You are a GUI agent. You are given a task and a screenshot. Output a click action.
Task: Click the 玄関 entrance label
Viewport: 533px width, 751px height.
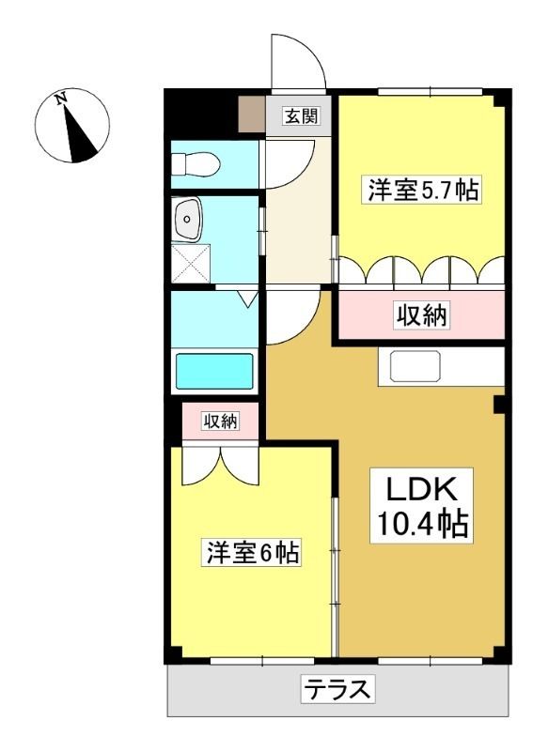(302, 115)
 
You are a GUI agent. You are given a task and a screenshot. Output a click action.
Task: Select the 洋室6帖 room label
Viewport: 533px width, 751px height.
(253, 553)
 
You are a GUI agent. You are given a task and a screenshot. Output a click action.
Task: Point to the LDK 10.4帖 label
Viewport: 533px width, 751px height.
(422, 506)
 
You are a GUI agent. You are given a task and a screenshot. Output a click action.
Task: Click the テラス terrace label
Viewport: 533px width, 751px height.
(337, 689)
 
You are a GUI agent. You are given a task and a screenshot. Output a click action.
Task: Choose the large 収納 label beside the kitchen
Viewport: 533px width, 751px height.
(422, 315)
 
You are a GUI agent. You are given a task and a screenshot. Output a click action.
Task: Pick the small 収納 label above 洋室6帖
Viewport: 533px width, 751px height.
(220, 421)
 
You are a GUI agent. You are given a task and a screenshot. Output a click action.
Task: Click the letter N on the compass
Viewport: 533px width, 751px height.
(60, 100)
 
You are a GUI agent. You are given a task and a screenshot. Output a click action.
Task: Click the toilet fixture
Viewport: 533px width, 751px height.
(196, 163)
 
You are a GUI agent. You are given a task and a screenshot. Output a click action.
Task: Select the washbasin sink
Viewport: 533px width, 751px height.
(188, 220)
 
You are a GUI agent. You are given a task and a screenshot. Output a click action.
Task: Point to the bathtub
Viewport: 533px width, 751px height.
(214, 371)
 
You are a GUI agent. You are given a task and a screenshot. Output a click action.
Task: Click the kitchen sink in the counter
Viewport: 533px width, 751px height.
(415, 366)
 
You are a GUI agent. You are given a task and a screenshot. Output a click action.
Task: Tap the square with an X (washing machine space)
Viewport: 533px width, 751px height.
(191, 263)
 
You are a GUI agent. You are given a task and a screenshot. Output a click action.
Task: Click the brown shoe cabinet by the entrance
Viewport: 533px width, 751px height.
(252, 114)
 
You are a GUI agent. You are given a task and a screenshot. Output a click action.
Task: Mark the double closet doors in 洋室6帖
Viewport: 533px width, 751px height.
(220, 466)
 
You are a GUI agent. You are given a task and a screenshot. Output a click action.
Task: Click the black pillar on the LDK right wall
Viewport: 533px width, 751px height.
(499, 405)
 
